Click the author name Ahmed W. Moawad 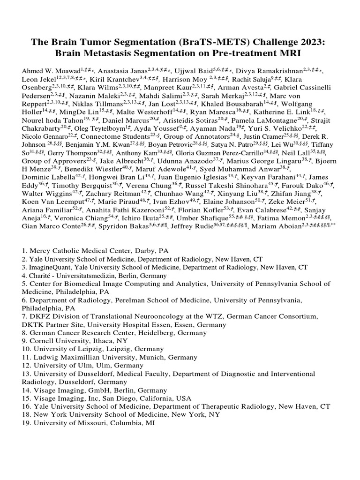click(x=51, y=71)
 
